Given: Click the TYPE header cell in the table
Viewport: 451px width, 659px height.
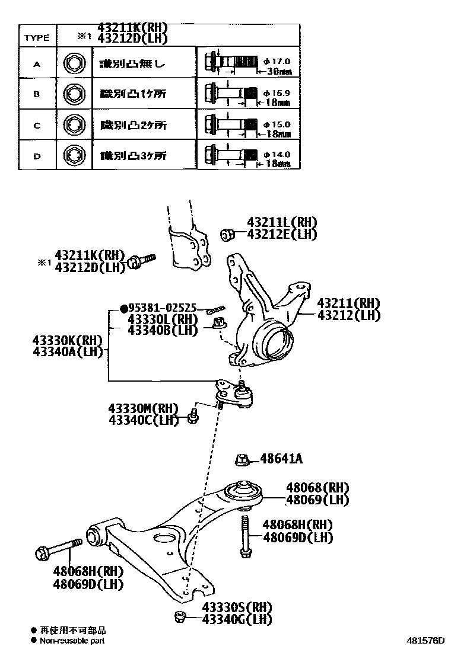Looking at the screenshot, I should tap(37, 37).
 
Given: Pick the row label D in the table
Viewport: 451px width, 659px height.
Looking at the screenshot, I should tap(37, 156).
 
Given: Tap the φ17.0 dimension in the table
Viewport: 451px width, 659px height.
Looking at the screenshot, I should tap(277, 60).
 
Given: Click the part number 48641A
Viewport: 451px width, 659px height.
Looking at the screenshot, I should tap(281, 459).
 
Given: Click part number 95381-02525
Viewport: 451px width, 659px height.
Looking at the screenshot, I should tap(163, 309).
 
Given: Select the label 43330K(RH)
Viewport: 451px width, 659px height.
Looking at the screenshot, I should tap(68, 341).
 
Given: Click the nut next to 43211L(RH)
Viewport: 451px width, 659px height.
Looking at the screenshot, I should tap(226, 235).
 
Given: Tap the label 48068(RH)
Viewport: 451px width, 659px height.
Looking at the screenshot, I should tap(317, 488).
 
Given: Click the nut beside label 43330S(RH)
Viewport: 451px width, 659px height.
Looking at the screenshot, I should tap(180, 616).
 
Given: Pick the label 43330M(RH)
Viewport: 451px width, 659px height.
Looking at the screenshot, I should tap(143, 408).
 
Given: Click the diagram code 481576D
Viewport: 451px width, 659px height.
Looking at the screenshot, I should tap(425, 641).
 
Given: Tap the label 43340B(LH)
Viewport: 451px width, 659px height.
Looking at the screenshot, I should tap(162, 330).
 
